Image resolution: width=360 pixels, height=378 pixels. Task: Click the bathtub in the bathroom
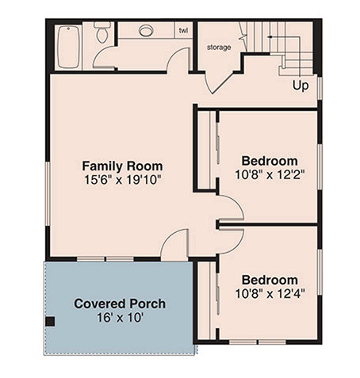(69, 47)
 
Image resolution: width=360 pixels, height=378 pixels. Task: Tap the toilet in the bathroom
(102, 32)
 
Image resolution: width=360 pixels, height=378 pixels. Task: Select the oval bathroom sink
(145, 31)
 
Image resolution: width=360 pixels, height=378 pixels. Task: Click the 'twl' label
(183, 30)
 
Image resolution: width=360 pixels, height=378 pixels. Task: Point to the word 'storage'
(219, 48)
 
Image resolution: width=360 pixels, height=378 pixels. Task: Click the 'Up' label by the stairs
(301, 86)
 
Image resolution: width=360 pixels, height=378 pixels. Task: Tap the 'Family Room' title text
(122, 166)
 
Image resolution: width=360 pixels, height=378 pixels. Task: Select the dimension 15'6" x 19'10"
(122, 180)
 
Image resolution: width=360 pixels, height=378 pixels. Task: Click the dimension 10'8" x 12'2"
(270, 174)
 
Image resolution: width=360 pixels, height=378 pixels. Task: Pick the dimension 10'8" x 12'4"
(270, 293)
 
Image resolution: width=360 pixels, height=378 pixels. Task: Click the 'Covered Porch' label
(120, 304)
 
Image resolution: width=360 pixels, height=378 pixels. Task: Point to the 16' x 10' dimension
(120, 318)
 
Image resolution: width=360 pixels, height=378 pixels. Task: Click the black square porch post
(50, 322)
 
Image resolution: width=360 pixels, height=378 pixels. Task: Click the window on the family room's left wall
(48, 193)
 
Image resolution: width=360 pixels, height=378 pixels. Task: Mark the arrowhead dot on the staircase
(270, 37)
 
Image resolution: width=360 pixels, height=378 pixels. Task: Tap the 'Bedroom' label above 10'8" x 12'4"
(270, 280)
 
